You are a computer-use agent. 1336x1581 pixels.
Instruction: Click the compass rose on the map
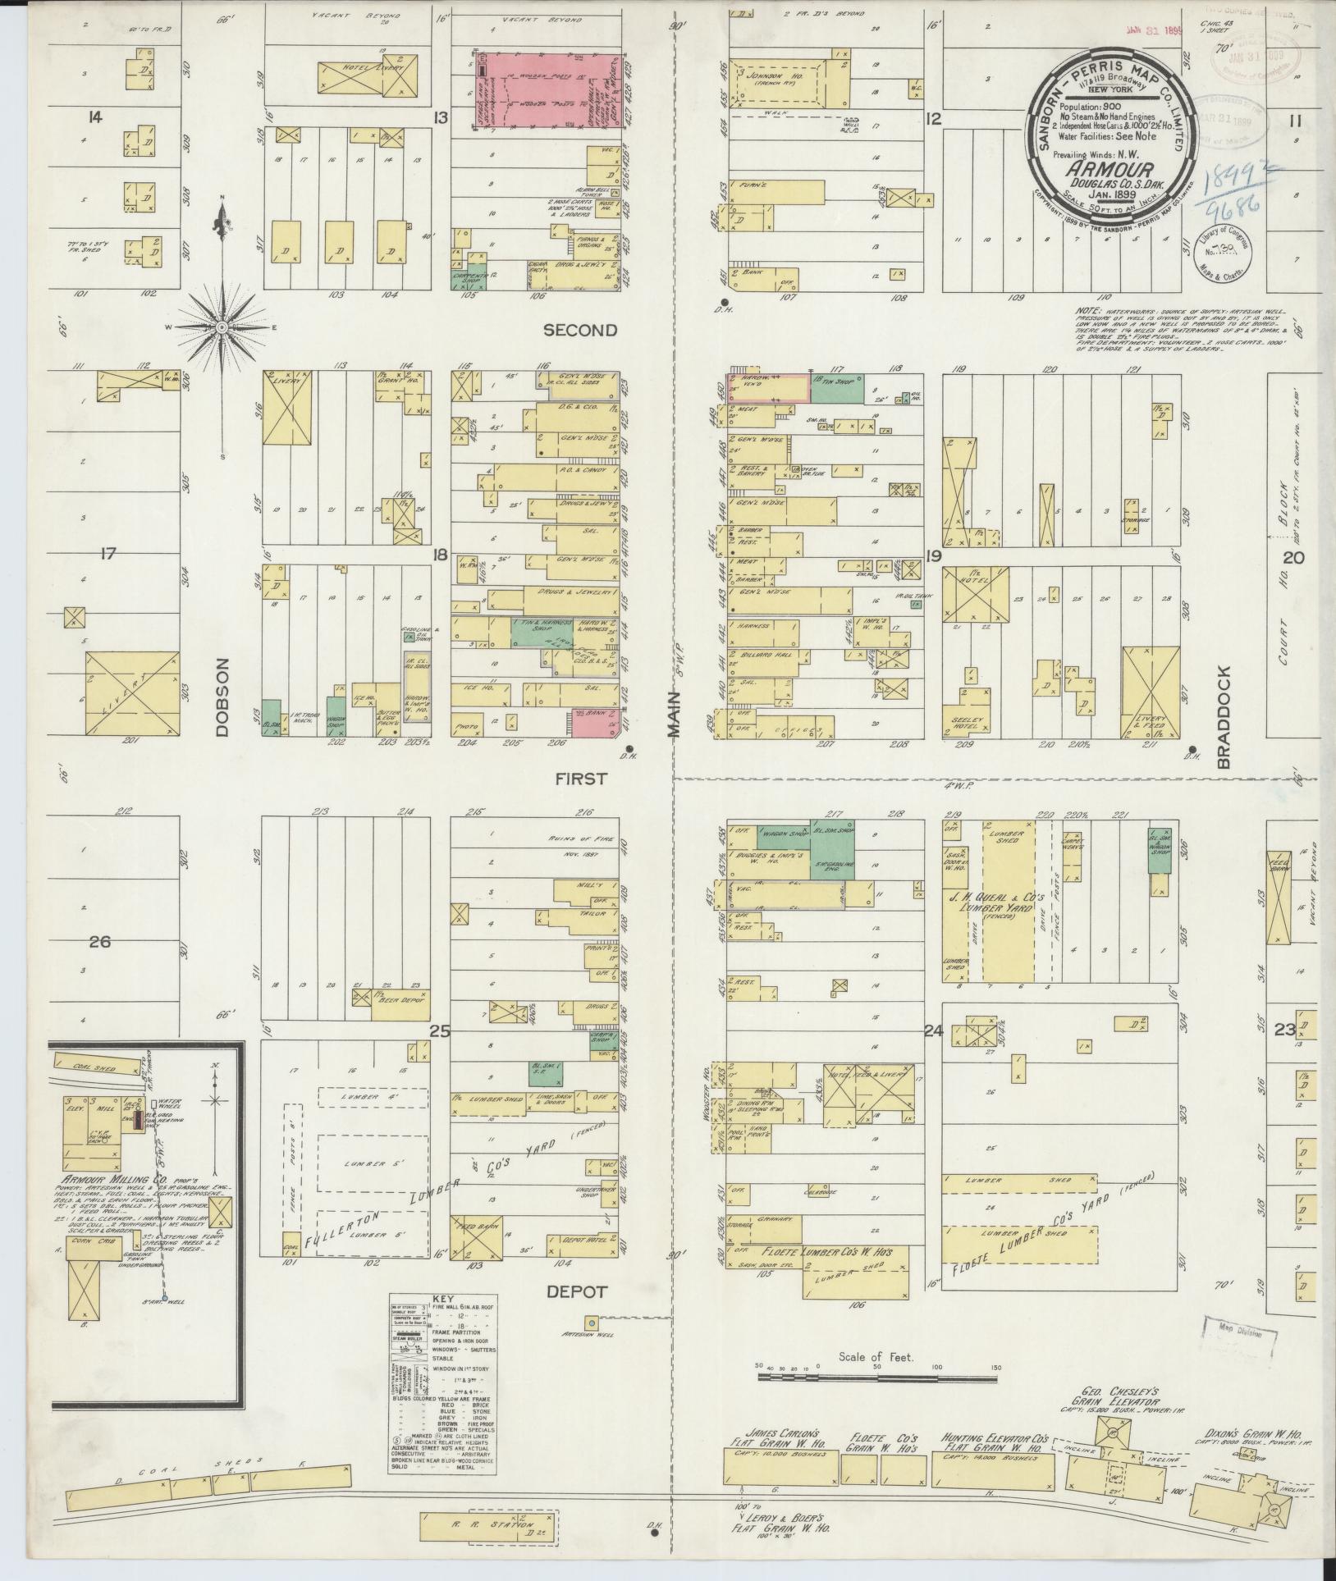(x=222, y=327)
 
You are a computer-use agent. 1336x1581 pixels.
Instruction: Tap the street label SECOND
(x=579, y=330)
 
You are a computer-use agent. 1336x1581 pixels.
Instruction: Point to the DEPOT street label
(x=579, y=1292)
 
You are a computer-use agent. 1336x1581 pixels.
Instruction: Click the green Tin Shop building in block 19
(x=837, y=390)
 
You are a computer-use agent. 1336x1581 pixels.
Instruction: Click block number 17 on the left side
(x=107, y=554)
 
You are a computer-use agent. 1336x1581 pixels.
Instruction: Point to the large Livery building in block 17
(x=131, y=692)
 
